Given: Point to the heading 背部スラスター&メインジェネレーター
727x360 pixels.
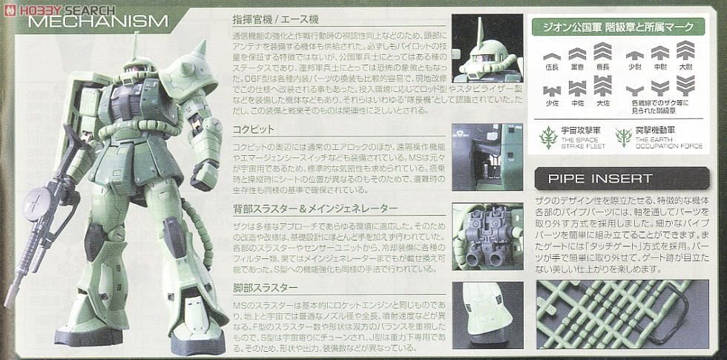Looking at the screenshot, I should tap(315, 208).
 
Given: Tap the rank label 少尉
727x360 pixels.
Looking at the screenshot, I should tap(633, 65).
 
